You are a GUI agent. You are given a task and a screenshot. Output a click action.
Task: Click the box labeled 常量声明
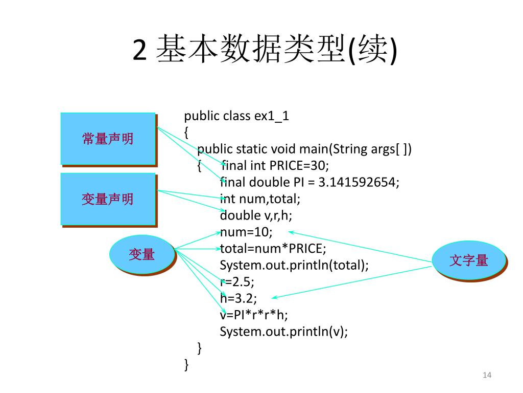(x=108, y=139)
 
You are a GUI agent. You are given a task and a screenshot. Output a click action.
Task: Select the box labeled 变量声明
(x=108, y=199)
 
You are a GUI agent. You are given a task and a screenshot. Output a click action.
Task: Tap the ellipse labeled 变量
(x=142, y=254)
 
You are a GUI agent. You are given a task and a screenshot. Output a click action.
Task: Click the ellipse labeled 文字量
(x=469, y=260)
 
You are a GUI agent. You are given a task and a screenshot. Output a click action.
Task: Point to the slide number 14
(x=487, y=375)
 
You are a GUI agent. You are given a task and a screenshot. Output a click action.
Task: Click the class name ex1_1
(x=272, y=116)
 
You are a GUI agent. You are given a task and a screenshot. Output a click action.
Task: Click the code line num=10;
(x=246, y=232)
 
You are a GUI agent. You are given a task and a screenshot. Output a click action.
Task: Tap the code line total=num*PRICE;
(x=273, y=249)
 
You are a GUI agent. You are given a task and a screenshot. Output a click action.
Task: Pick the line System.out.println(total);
(x=294, y=266)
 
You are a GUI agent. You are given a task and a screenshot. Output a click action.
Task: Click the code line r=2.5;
(x=237, y=282)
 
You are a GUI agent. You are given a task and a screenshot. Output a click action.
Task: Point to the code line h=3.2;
(x=238, y=298)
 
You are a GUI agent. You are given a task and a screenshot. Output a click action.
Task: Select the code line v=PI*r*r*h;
(x=254, y=315)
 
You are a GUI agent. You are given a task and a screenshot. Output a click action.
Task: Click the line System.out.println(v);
(x=284, y=332)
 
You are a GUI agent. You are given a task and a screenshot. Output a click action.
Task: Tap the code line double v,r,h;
(x=256, y=215)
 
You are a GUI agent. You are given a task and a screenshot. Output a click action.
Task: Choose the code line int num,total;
(x=260, y=199)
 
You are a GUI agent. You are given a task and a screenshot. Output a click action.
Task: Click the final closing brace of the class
(x=186, y=364)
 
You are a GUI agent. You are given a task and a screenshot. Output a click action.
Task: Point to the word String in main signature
(x=350, y=149)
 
